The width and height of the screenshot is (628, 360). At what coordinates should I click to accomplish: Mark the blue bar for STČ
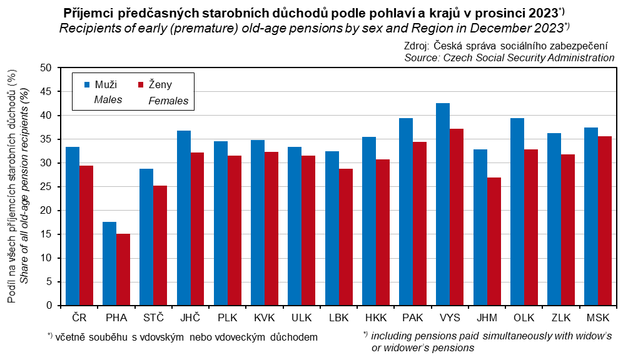coord(146,237)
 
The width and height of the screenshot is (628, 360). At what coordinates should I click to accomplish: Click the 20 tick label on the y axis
coord(47,211)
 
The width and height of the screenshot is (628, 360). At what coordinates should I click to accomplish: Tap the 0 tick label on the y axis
coord(49,306)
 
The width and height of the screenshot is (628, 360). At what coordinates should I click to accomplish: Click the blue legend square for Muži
coord(87,84)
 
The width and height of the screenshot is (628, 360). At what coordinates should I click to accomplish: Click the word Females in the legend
coord(168,100)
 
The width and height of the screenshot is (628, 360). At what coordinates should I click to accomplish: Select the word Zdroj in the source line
coord(418,46)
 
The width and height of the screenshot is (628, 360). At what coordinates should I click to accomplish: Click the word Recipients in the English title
coord(89,27)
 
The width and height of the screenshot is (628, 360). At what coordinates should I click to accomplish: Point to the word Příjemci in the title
coord(90,13)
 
